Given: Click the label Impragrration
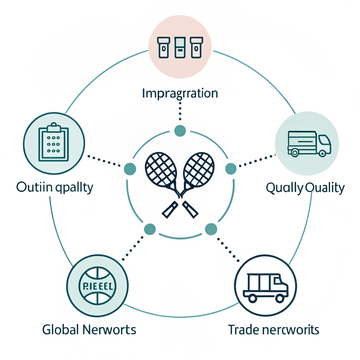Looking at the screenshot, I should [x=180, y=94].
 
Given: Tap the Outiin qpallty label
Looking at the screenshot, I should [x=54, y=187].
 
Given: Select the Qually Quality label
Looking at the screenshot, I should [x=305, y=188].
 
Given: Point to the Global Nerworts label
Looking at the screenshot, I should [x=89, y=330].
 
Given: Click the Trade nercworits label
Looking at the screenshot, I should [x=274, y=330].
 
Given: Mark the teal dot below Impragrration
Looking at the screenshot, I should [x=180, y=130].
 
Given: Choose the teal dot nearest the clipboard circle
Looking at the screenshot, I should [x=130, y=169].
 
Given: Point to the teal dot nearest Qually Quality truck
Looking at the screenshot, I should [x=230, y=169].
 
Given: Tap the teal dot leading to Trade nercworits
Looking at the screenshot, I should [x=211, y=229].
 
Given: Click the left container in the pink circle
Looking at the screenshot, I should [x=163, y=48].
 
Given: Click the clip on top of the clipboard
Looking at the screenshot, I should [x=53, y=126].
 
